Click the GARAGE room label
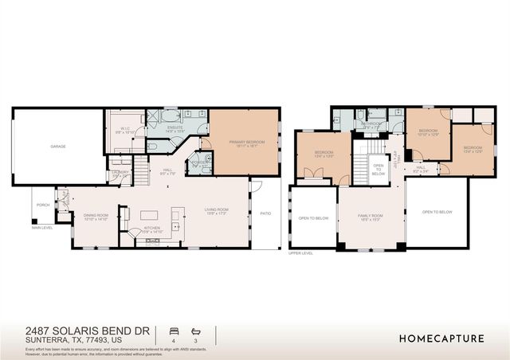pyautogui.click(x=58, y=147)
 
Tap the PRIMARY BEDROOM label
pyautogui.click(x=245, y=143)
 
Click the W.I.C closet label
pyautogui.click(x=125, y=129)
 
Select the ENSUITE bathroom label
pyautogui.click(x=175, y=129)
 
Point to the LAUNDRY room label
pyautogui.click(x=120, y=173)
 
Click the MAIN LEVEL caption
pyautogui.click(x=42, y=229)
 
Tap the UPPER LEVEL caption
pyautogui.click(x=300, y=253)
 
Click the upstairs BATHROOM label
pyautogui.click(x=371, y=124)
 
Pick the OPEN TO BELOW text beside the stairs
pyautogui.click(x=379, y=169)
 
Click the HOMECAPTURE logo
pyautogui.click(x=441, y=338)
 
